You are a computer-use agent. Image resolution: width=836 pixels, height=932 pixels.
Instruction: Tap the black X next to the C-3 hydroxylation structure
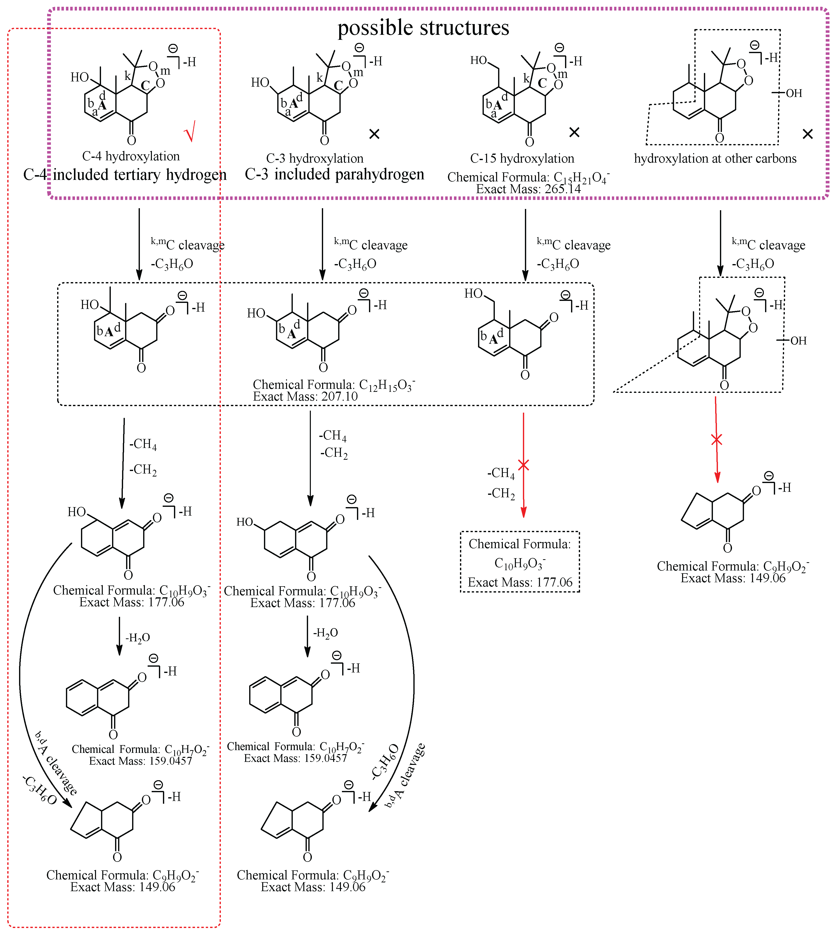[x=374, y=134]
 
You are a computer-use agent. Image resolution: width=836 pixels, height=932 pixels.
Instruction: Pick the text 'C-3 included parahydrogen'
[x=334, y=174]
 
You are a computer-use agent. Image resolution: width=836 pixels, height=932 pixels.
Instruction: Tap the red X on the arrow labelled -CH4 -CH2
[x=524, y=465]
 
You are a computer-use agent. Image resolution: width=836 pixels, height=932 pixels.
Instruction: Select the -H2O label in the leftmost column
[x=138, y=638]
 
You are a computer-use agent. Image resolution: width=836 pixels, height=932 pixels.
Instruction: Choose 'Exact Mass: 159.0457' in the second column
[x=295, y=758]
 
